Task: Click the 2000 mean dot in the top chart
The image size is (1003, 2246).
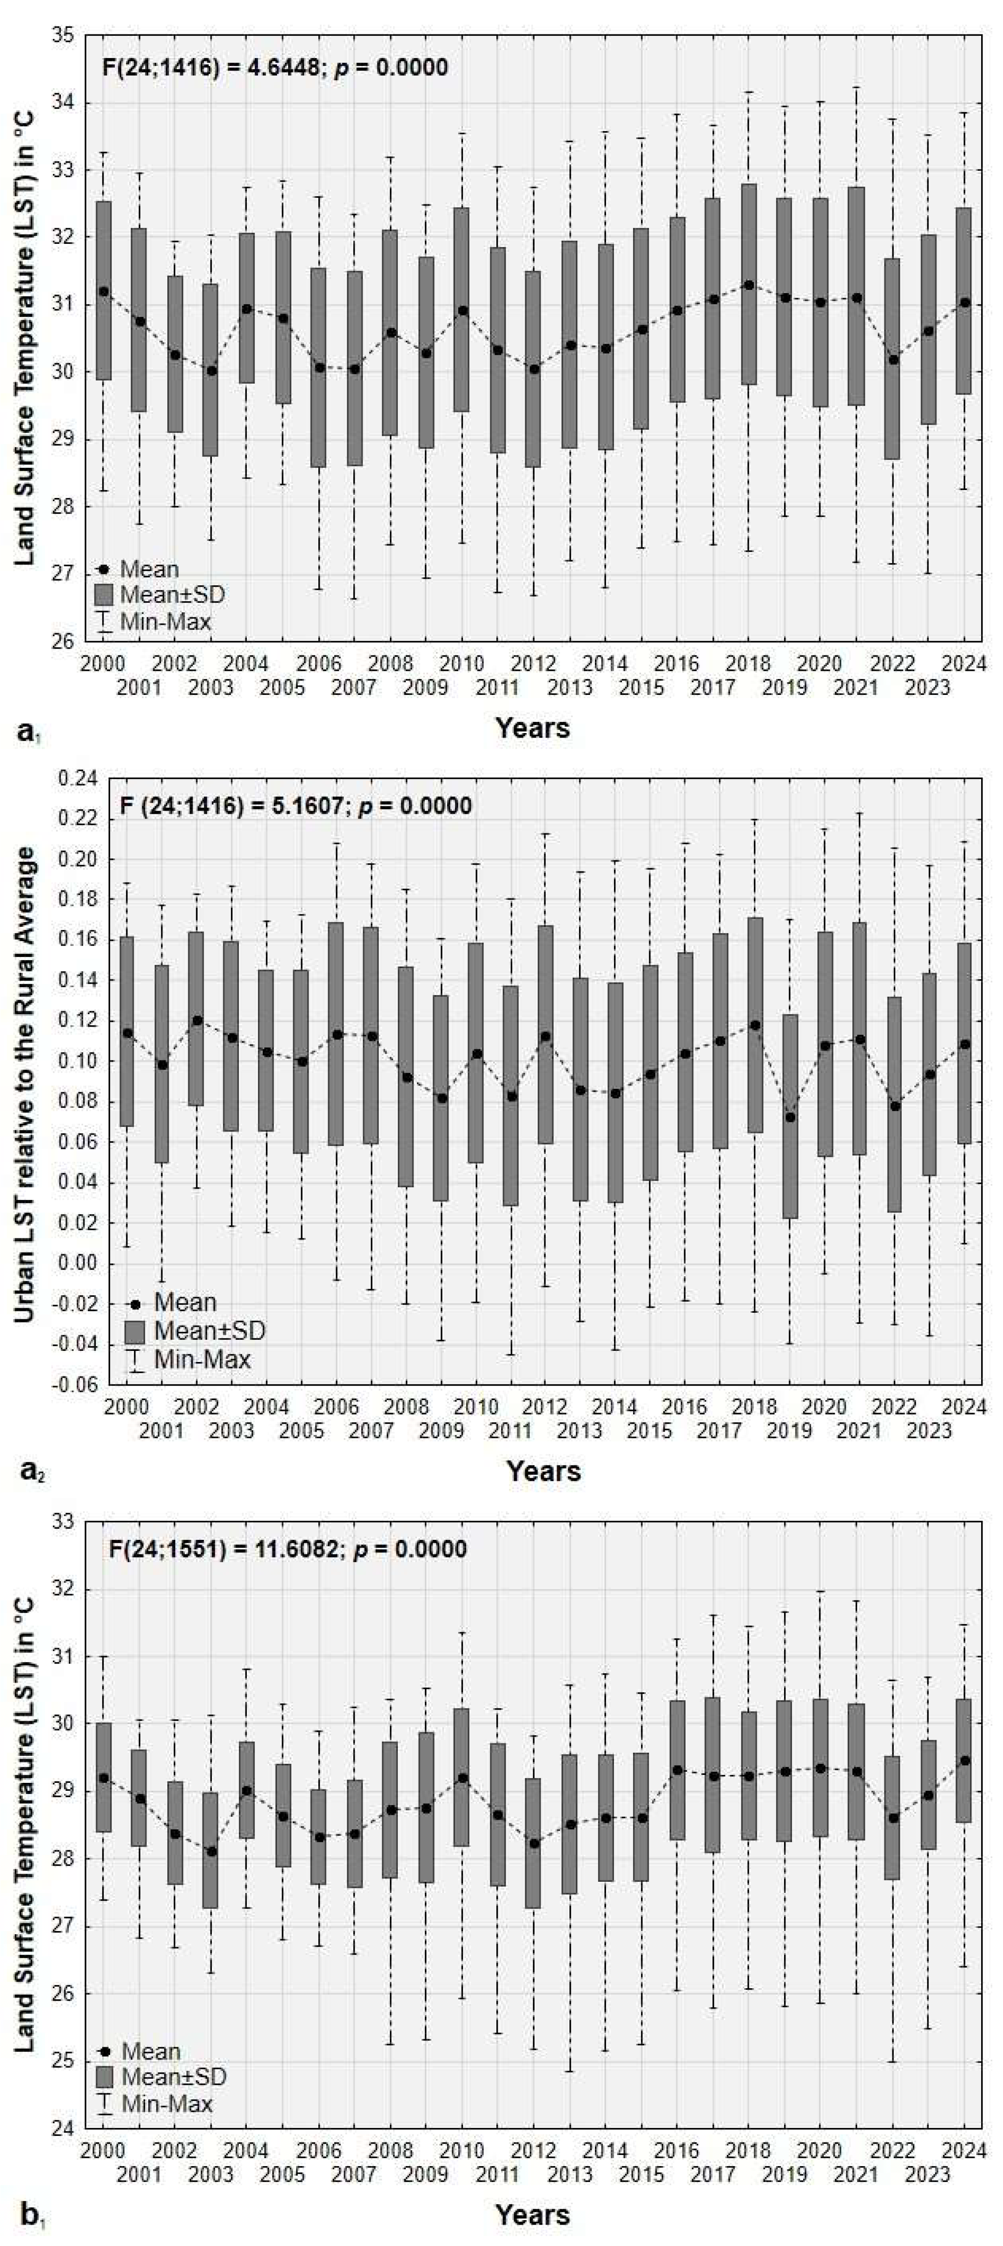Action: pos(104,291)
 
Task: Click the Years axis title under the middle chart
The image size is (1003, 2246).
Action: pos(544,1472)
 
